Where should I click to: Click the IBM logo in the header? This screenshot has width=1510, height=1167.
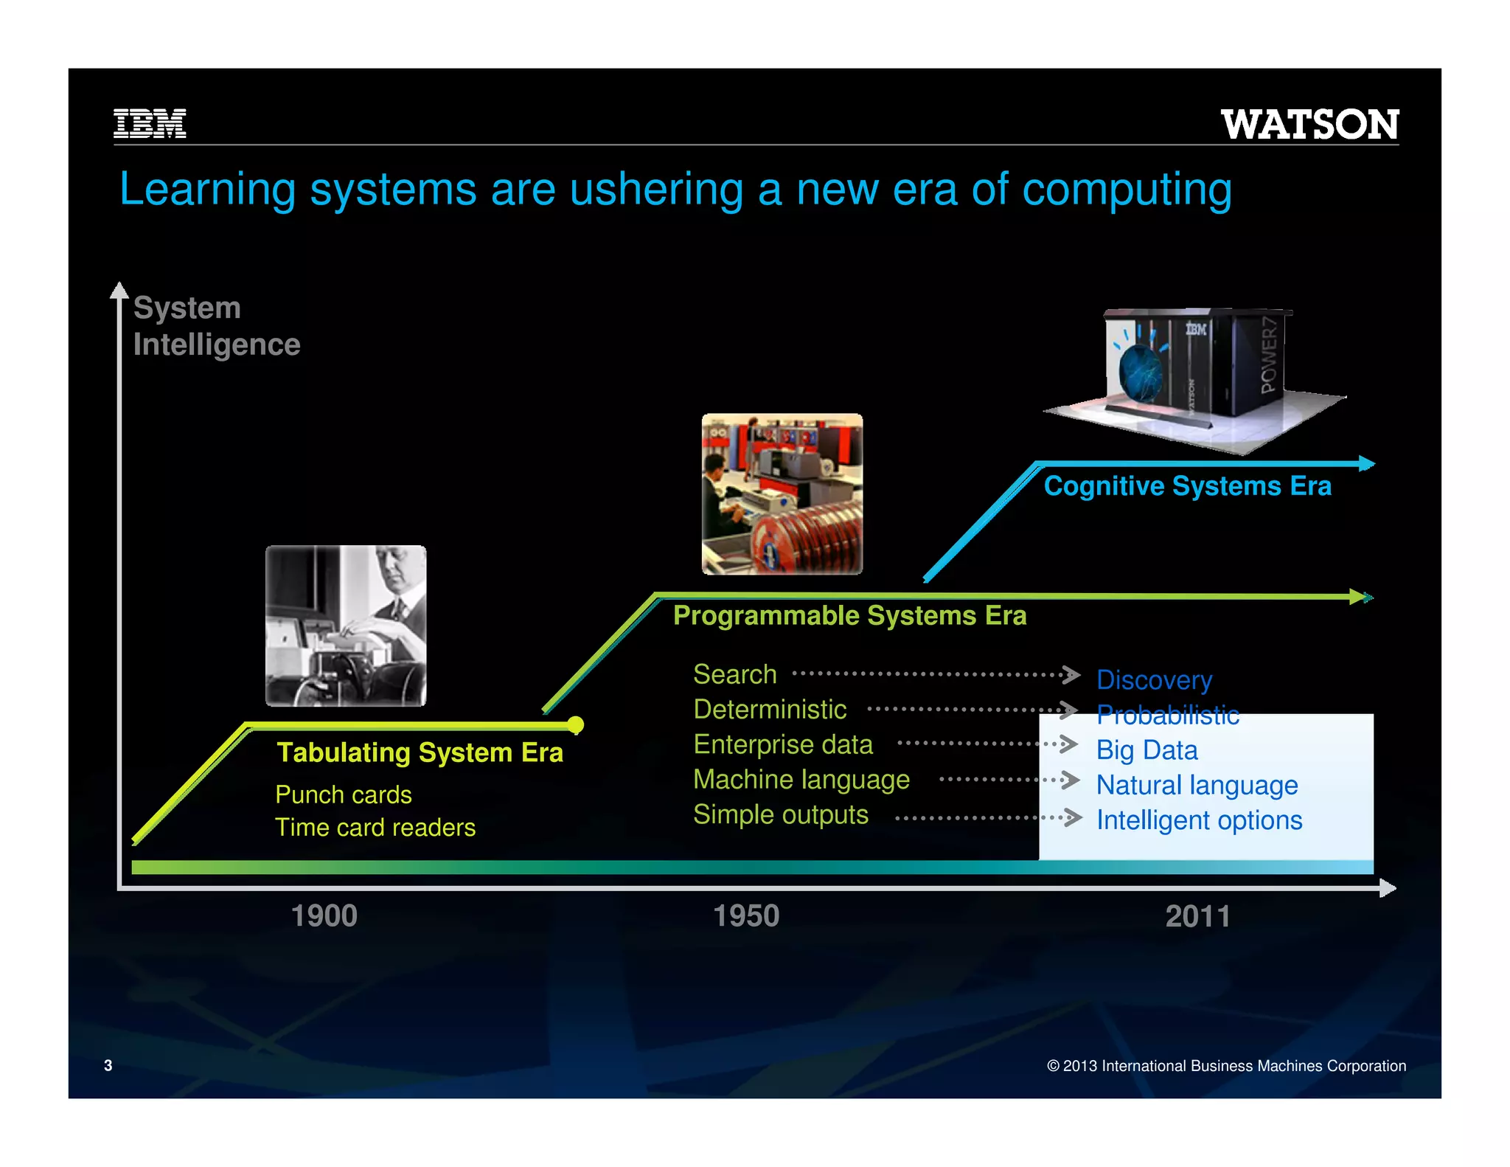150,123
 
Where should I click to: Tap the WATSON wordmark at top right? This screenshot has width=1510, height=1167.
1309,125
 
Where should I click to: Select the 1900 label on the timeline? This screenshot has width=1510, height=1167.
324,916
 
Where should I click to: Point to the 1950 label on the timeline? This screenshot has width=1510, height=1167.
746,916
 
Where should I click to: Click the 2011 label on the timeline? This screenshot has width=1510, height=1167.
1197,917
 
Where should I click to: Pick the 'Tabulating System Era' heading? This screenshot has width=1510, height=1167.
420,752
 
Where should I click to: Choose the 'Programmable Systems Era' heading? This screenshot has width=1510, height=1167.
849,615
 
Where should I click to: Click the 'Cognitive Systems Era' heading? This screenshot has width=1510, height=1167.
1187,486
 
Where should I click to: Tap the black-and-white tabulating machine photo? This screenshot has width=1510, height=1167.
346,626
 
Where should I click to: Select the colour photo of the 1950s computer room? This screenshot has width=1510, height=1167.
782,494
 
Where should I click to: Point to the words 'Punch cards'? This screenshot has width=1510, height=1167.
344,794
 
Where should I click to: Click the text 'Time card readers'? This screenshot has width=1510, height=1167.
375,828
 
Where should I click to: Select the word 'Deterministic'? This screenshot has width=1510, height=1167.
770,710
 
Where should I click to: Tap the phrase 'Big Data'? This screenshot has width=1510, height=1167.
1147,750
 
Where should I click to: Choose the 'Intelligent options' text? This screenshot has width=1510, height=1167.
1199,820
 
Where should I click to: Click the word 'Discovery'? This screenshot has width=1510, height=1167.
1154,680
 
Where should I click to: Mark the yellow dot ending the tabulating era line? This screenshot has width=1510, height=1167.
576,725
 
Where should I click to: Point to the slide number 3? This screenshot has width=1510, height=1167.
108,1065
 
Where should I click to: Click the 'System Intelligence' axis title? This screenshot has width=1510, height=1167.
216,326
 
